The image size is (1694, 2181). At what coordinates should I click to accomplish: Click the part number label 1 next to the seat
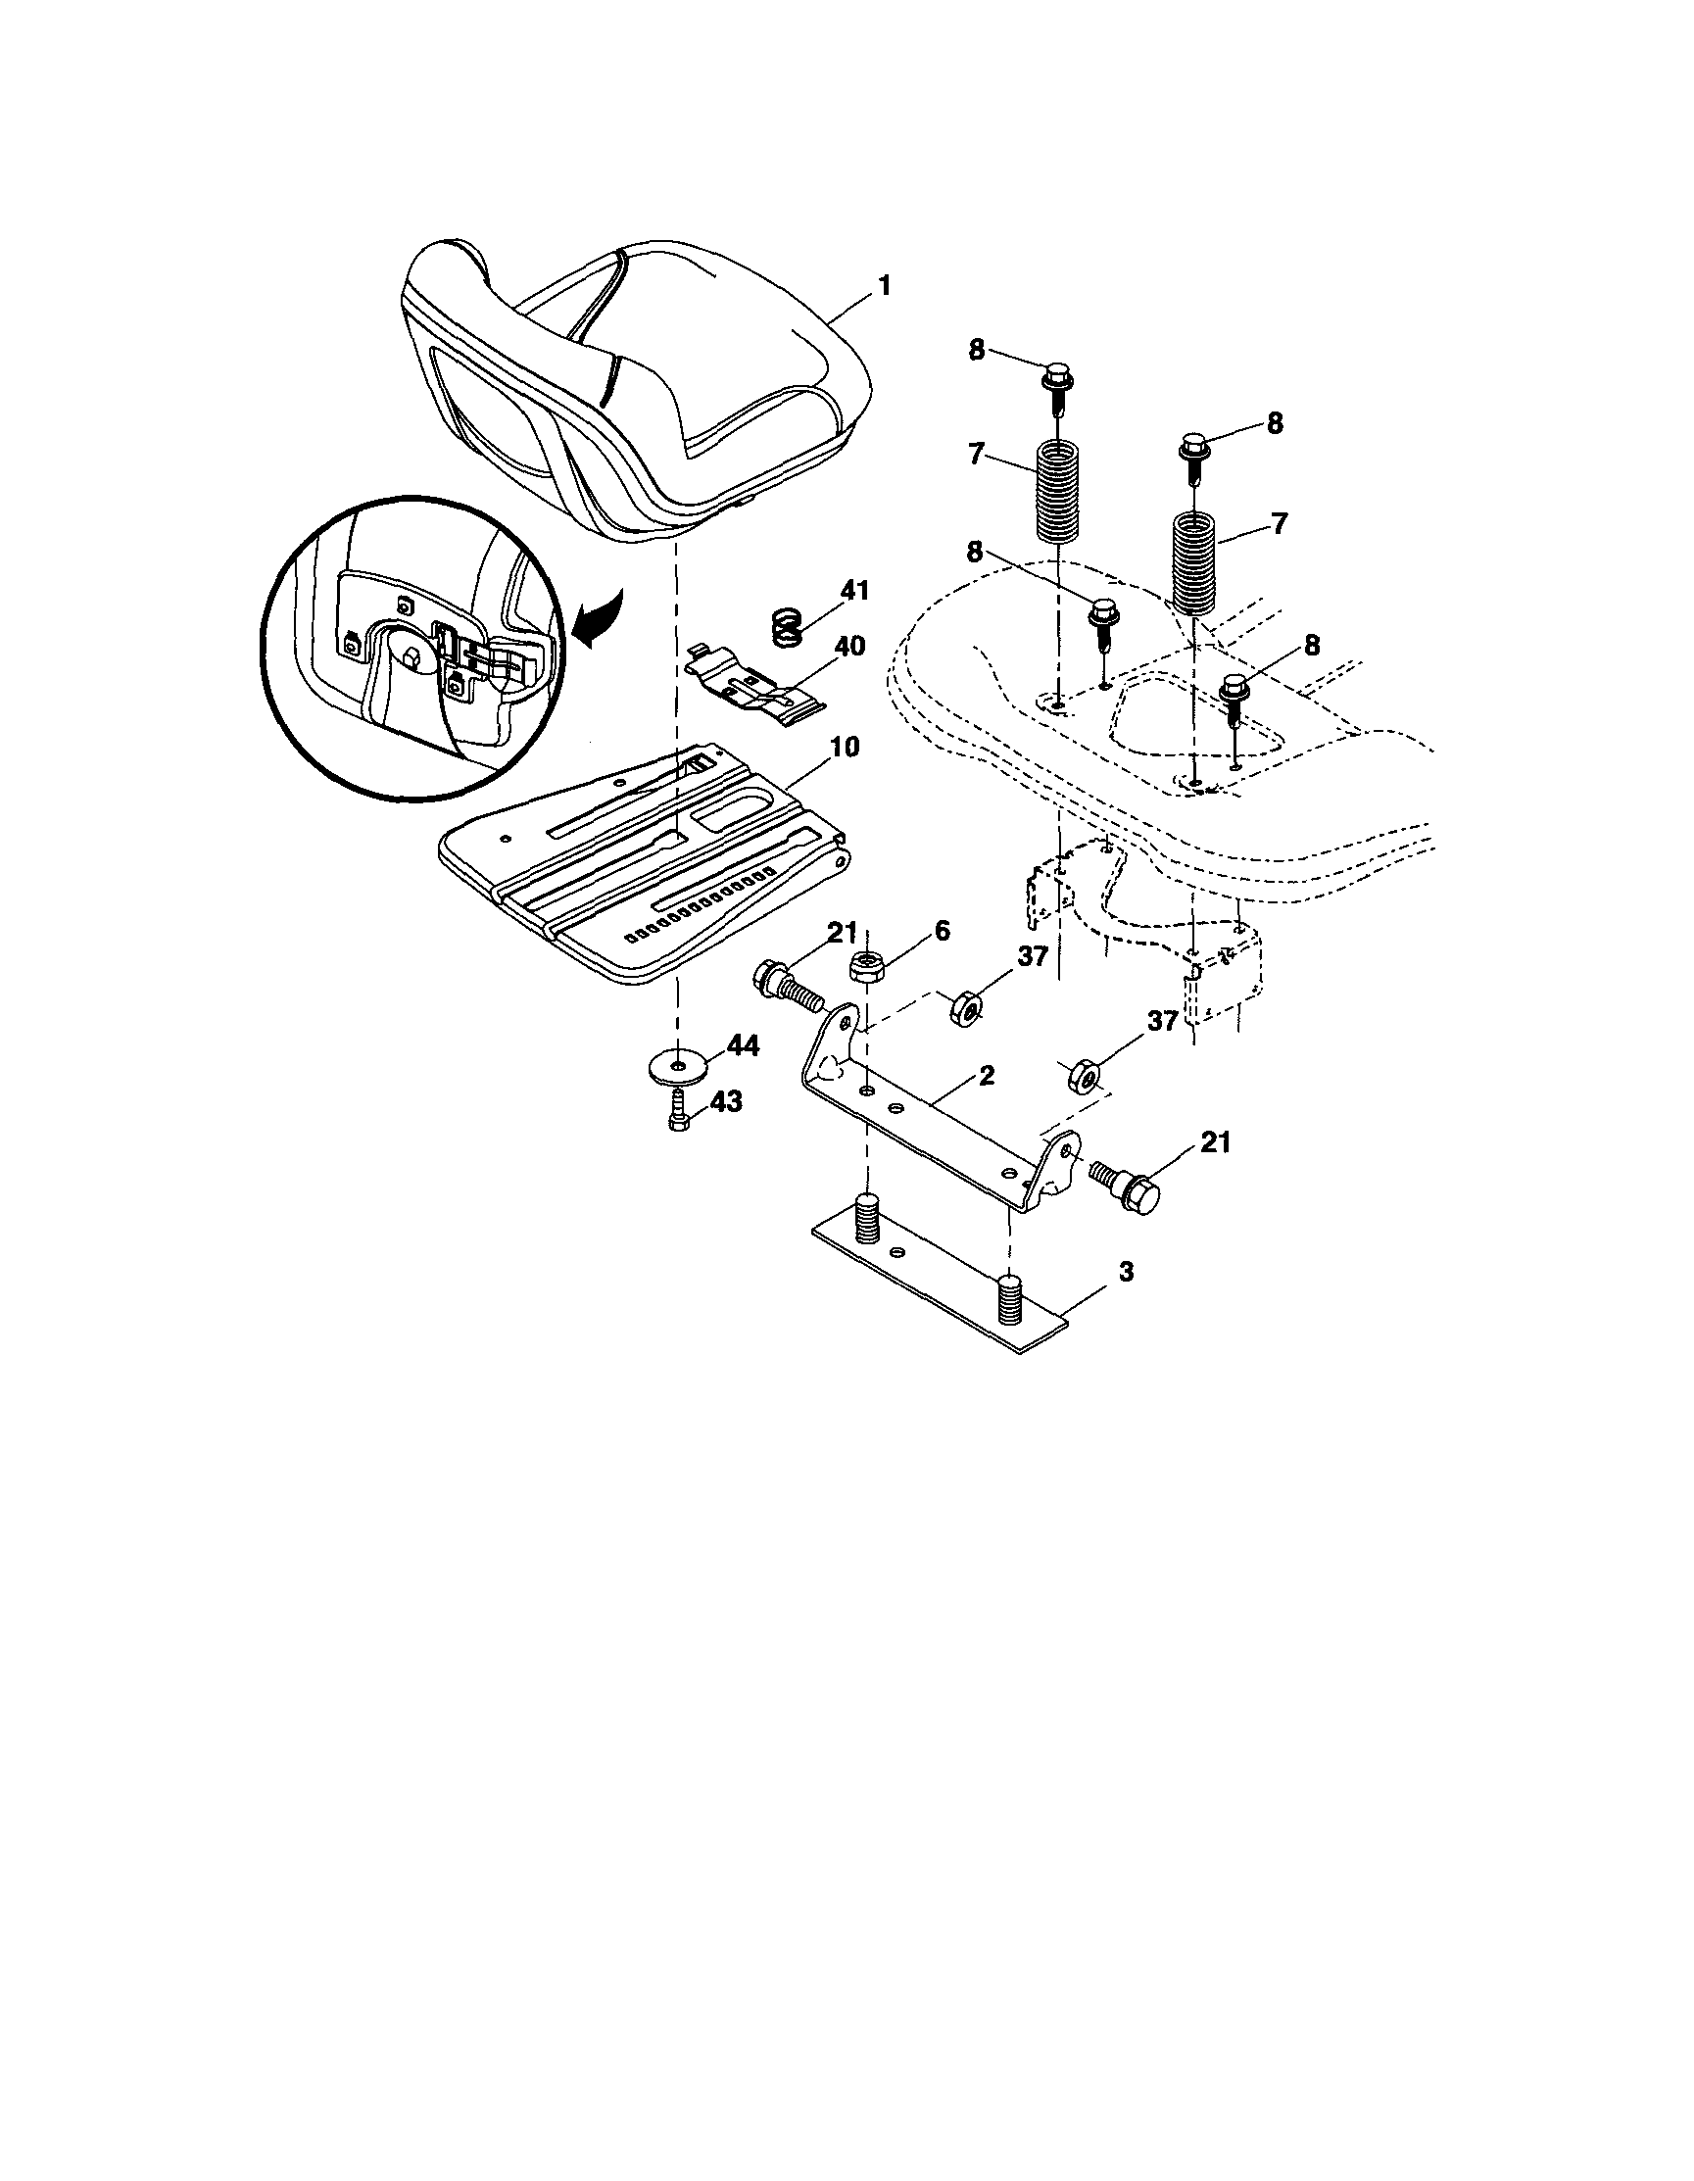coord(883,286)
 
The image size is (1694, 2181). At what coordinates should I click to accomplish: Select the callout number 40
coord(849,647)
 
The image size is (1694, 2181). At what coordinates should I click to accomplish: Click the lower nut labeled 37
coord(1085,1077)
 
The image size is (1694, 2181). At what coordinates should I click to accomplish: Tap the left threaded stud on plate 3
coord(869,1217)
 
